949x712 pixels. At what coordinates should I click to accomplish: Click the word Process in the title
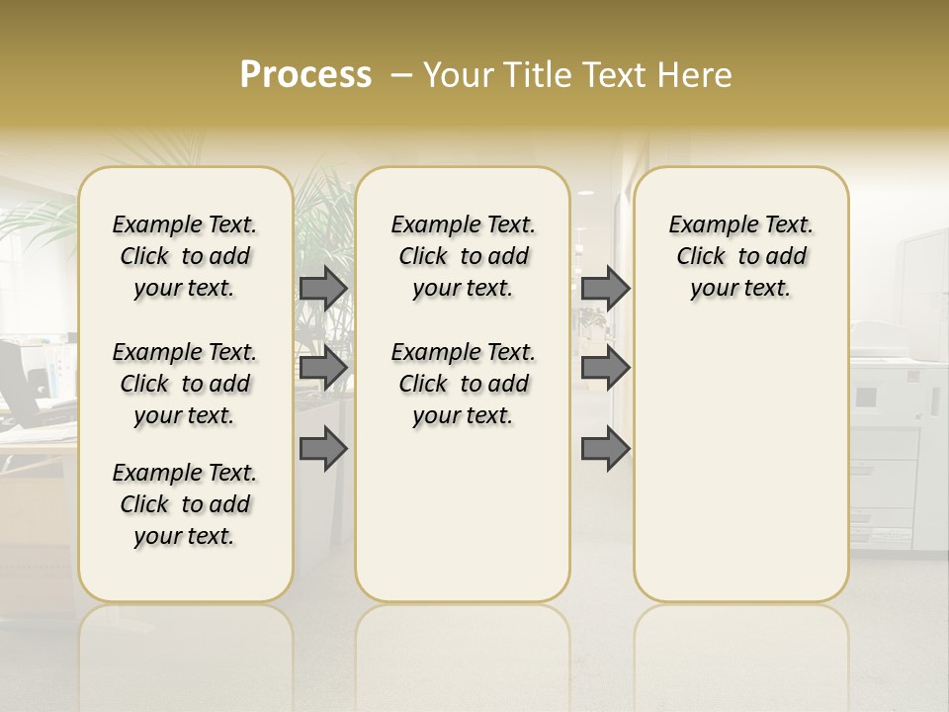tap(305, 75)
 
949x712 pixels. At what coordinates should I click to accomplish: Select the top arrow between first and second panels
tap(323, 288)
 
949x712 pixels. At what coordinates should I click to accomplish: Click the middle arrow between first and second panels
tap(323, 368)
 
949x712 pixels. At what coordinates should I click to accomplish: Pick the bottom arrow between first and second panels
tap(323, 449)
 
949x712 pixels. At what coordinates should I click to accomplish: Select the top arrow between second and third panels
tap(605, 288)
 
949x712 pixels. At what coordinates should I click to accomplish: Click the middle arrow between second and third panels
tap(605, 368)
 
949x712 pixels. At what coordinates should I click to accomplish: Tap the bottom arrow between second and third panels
tap(605, 449)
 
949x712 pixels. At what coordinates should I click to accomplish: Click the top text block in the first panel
tap(185, 256)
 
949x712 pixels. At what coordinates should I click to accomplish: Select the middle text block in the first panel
tap(185, 384)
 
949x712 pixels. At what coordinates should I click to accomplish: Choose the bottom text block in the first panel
tap(185, 504)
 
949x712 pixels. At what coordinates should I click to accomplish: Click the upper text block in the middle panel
tap(463, 256)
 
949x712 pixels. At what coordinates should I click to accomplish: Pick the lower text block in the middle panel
tap(463, 384)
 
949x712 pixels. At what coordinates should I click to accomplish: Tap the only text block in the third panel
tap(740, 256)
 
